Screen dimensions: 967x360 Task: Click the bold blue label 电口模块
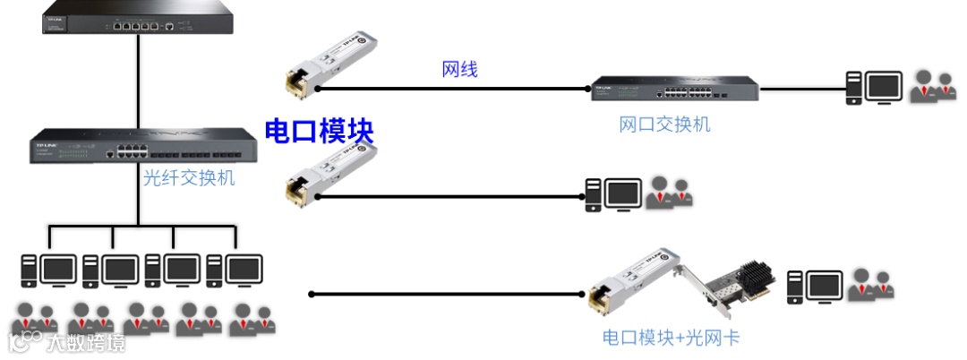click(x=319, y=131)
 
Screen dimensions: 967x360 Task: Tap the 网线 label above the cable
click(x=459, y=70)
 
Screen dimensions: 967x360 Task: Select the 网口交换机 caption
click(x=664, y=124)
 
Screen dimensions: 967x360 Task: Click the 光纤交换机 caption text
click(x=189, y=178)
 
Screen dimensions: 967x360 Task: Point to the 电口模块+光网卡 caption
click(x=672, y=338)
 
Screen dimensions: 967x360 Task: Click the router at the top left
click(x=138, y=20)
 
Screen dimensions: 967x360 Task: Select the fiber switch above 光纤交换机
click(x=138, y=145)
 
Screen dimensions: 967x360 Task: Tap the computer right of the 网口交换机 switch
click(x=874, y=88)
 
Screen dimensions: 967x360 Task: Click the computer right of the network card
click(x=815, y=287)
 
